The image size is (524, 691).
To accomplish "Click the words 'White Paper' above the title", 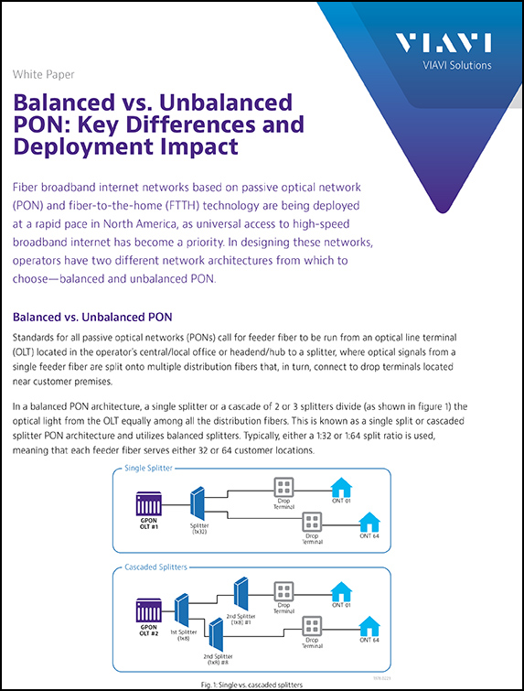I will [44, 74].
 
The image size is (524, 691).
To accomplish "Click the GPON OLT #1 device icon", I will [148, 504].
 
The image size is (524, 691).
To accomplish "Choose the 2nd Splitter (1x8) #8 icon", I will [216, 631].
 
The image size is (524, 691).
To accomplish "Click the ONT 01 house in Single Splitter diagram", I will [342, 486].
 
